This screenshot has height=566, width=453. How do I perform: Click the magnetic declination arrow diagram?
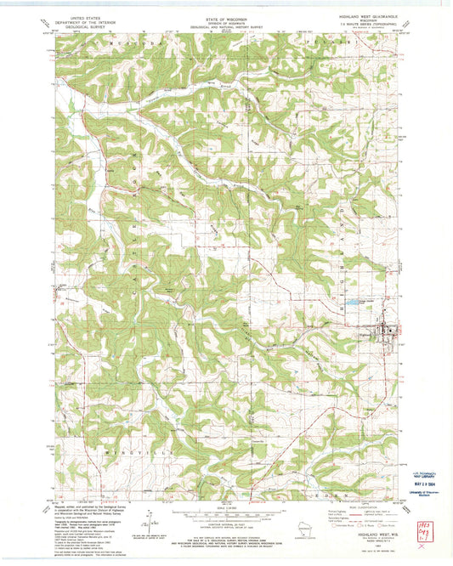[x=151, y=520]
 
